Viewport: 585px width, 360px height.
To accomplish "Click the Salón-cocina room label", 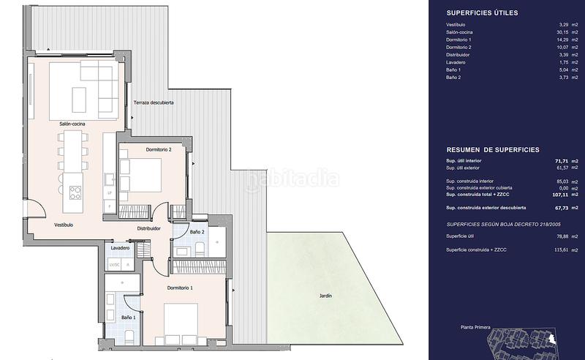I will [73, 124].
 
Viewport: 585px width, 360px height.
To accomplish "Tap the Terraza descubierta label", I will [154, 103].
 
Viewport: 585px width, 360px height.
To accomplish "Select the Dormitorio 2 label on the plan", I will [158, 149].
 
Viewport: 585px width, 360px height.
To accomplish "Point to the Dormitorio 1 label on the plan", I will [180, 288].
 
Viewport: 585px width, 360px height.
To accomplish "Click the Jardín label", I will [325, 296].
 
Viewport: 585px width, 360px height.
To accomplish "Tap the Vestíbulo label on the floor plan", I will [63, 225].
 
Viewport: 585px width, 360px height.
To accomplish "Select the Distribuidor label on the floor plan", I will [149, 228].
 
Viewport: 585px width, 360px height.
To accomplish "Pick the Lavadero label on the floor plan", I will [121, 249].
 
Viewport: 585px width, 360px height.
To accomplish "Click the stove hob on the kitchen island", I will [75, 192].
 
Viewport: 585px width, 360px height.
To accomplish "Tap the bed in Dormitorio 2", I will [150, 174].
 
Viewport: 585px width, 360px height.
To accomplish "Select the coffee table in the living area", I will [78, 100].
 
